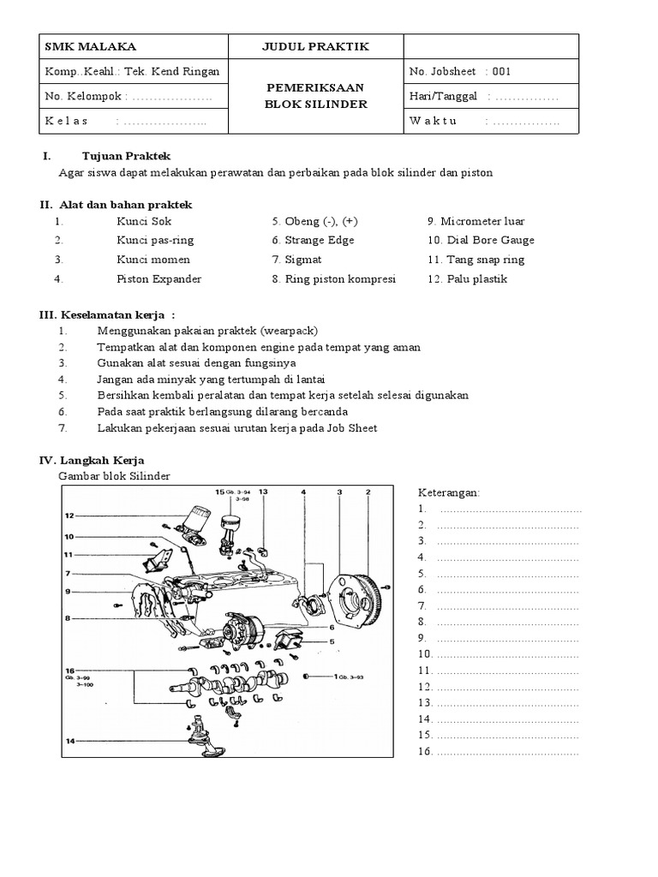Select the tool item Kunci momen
[x=153, y=260]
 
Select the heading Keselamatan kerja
[x=121, y=314]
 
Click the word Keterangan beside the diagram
[x=449, y=493]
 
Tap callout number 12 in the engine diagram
[x=69, y=516]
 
